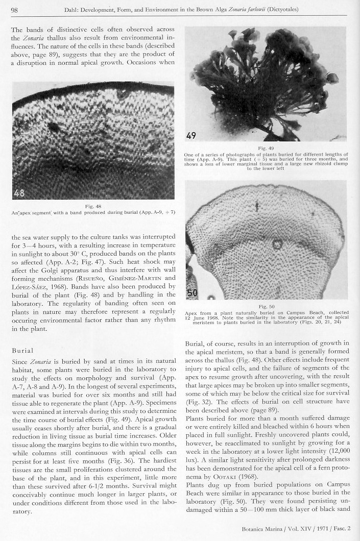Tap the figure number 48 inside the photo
click(x=21, y=193)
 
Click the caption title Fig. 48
click(x=93, y=206)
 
